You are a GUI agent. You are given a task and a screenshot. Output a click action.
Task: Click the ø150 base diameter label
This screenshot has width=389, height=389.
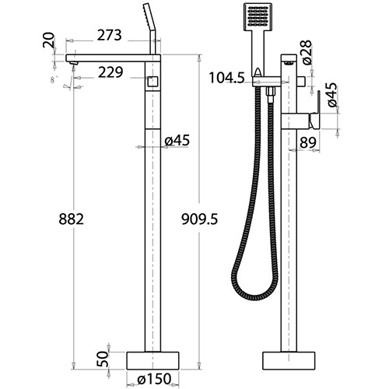point(154,379)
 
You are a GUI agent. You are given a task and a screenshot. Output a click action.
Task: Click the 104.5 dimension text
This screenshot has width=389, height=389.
point(227,78)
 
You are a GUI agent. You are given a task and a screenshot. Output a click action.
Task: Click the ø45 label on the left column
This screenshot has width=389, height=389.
point(177,140)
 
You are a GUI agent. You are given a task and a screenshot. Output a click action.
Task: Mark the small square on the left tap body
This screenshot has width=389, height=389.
point(153,81)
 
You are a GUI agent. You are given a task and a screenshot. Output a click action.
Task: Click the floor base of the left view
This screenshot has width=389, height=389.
point(153,359)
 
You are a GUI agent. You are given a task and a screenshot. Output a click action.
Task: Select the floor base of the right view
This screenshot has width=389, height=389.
point(289,359)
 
